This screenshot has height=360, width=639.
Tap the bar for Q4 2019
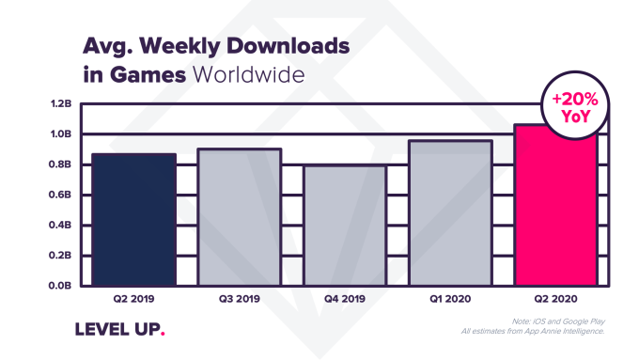point(344,226)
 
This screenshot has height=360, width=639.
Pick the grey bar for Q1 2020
point(451,213)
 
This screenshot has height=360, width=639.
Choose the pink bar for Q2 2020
point(557,205)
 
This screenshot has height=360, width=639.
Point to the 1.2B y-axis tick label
point(59,103)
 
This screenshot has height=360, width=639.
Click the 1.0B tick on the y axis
point(59,134)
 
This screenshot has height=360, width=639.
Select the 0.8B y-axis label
point(59,164)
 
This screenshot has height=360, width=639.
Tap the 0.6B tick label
point(59,195)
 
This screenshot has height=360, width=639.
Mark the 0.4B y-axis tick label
point(59,226)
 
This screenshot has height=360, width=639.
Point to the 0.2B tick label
point(59,256)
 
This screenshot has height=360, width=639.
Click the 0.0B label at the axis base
point(59,286)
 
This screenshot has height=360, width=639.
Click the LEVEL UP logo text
point(118,330)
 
